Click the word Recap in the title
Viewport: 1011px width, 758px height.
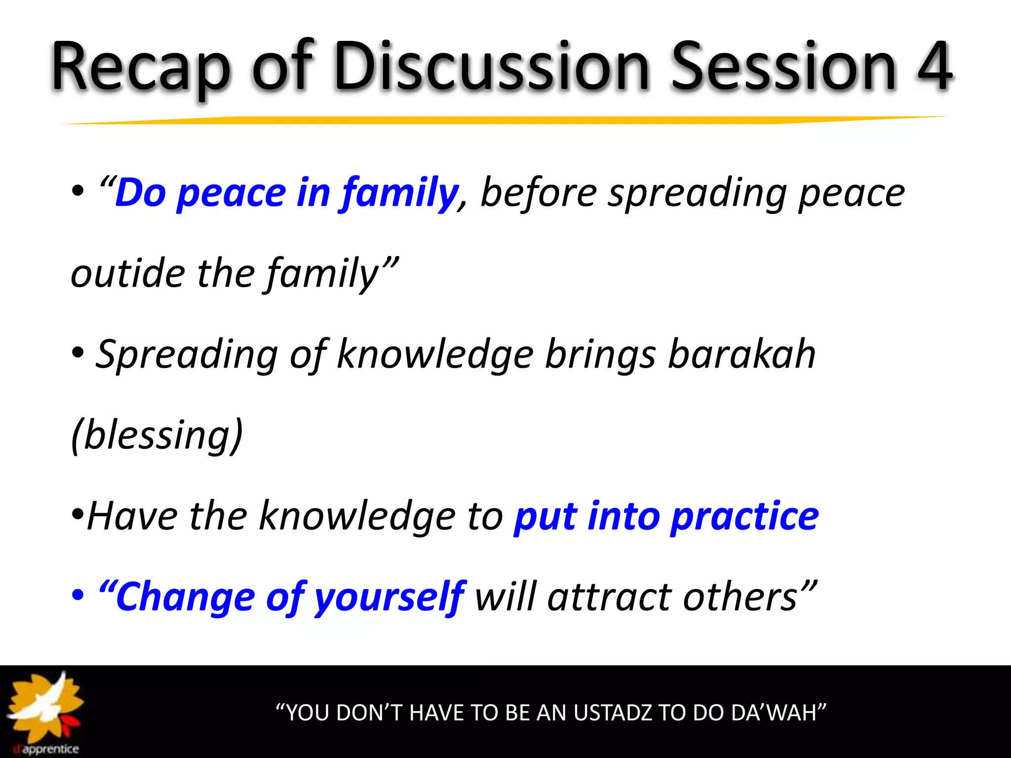pos(141,67)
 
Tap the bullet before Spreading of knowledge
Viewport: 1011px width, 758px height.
pos(78,353)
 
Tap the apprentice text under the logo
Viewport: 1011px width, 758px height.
pos(50,749)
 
